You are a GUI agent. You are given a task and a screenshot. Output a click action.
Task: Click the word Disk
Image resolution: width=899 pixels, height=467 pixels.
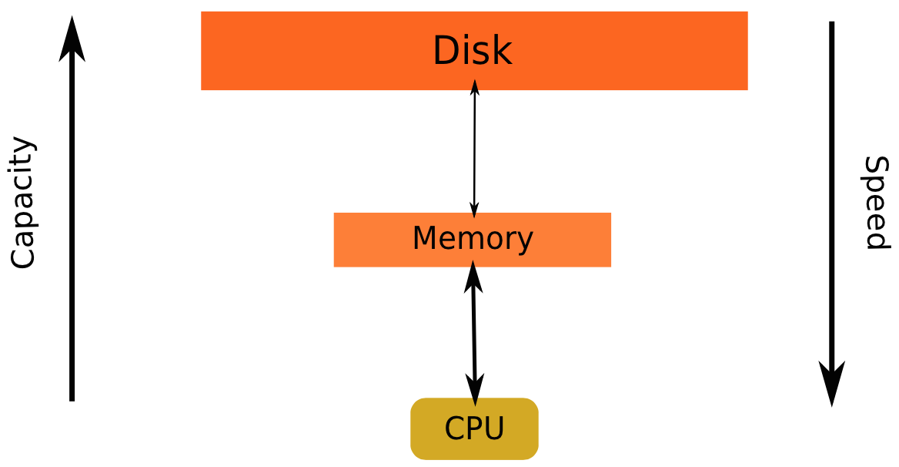[x=472, y=51]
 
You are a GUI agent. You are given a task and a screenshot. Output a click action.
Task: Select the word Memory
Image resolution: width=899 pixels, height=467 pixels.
[x=472, y=239]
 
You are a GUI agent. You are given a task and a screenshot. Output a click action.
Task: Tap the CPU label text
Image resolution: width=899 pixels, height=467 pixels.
[x=474, y=428]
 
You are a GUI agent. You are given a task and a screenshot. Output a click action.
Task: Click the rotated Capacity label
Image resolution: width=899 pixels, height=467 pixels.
[x=23, y=203]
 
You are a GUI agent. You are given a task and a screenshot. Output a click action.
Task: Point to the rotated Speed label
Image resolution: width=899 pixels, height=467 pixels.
[x=876, y=203]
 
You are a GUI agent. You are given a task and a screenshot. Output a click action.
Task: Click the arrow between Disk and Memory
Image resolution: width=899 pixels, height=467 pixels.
[x=474, y=146]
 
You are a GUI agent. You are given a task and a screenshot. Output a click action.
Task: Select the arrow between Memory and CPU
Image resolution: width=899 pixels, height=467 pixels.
[x=474, y=331]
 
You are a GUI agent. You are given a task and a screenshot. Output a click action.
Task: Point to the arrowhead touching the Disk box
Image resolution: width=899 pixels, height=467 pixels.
[x=475, y=86]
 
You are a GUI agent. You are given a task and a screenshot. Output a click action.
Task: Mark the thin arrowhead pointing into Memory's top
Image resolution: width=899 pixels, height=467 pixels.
[x=474, y=207]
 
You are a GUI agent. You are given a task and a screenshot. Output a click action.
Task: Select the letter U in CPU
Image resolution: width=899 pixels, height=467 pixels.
[x=494, y=428]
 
